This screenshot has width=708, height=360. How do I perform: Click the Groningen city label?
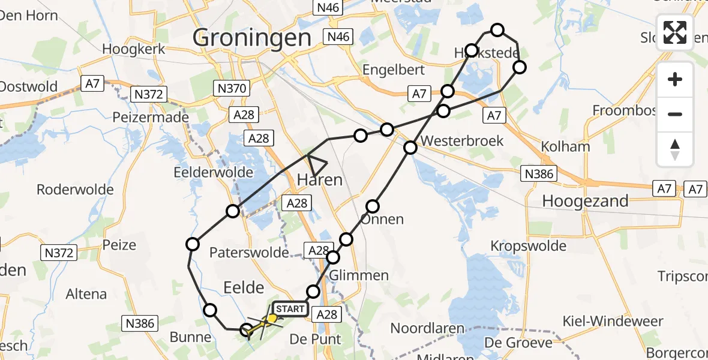point(252,38)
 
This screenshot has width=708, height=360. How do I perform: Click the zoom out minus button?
point(675,114)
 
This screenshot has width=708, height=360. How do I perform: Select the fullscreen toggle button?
point(675,32)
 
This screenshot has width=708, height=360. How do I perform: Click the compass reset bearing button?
point(675,149)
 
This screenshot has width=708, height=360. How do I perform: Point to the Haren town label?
point(320,179)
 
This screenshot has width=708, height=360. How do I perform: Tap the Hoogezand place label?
point(585,201)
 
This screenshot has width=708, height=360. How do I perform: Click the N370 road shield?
point(230,89)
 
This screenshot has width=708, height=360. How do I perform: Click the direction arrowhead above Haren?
point(316,162)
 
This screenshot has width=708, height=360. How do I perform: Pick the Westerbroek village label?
point(462,141)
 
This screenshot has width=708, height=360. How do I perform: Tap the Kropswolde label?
point(528,246)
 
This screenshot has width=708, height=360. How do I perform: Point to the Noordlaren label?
point(427,329)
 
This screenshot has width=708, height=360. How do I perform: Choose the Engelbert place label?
point(394,70)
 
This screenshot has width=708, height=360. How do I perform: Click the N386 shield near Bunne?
point(139,324)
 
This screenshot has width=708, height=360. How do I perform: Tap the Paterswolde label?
point(250,253)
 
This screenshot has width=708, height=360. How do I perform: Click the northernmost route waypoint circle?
point(497,29)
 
